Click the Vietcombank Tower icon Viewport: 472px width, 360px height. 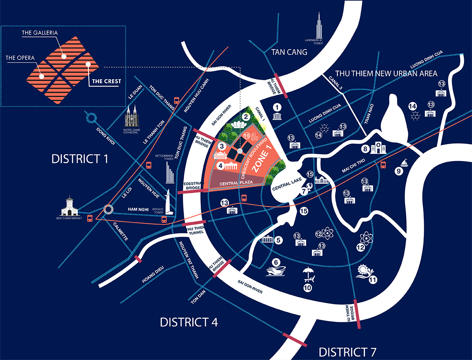click(170, 171)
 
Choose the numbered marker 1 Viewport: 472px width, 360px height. click(277, 107)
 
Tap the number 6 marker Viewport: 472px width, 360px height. click(276, 263)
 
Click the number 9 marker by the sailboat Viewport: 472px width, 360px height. click(399, 172)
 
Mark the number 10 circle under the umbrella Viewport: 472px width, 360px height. click(308, 288)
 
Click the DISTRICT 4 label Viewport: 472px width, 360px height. click(189, 322)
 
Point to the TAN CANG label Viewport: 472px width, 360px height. click(289, 52)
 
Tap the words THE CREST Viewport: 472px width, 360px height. click(106, 81)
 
